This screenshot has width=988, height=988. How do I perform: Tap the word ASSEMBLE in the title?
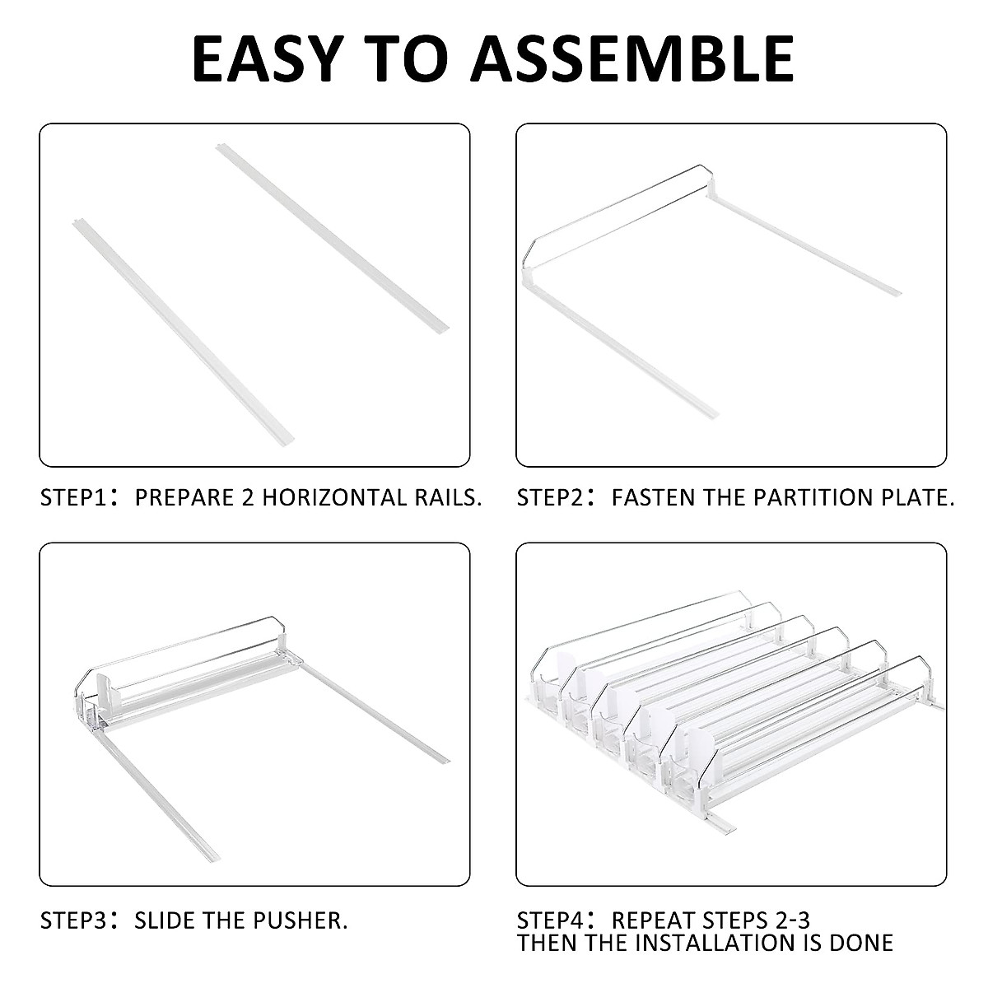[636, 58]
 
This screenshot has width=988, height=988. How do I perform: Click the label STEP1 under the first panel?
[72, 497]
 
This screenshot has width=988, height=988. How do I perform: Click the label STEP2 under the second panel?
[550, 497]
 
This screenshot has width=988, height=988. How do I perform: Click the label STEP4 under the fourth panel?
[550, 920]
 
